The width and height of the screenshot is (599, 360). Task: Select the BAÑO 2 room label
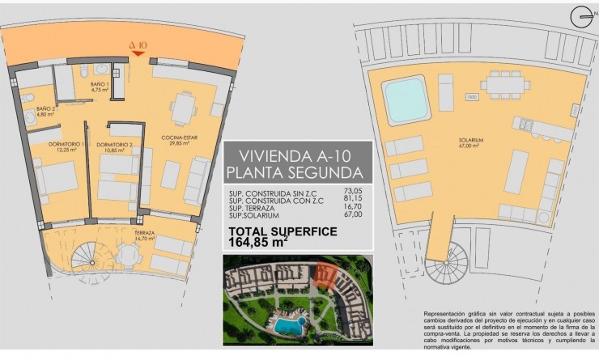click(45, 112)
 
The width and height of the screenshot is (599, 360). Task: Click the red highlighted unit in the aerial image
click(325, 275)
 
